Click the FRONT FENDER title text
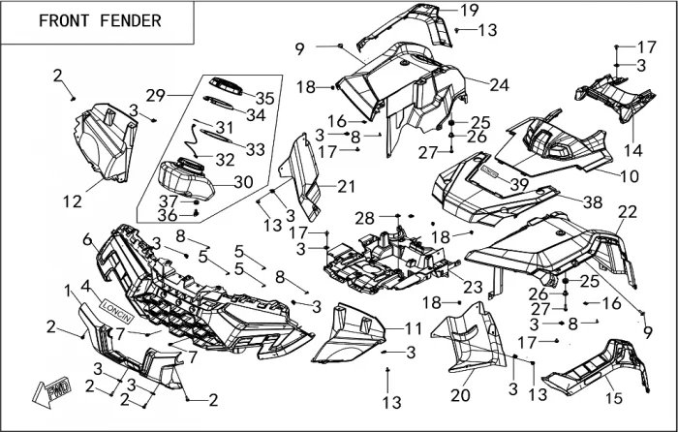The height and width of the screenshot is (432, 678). point(100,20)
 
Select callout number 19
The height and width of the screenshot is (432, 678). point(469,11)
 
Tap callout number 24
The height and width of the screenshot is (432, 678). point(499,85)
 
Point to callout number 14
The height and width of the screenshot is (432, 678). point(632,150)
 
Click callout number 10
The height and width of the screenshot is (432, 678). point(630,177)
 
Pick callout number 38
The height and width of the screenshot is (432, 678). point(592,201)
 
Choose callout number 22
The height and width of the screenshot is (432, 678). point(628,211)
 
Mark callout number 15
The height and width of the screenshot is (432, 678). point(612,398)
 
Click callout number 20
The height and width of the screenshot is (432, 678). point(460,396)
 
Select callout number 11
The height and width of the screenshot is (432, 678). point(414,328)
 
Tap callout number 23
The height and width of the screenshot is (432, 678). point(472,287)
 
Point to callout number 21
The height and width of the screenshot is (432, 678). point(346,186)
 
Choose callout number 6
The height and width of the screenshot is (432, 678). point(87,239)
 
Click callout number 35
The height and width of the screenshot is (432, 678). point(264,98)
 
